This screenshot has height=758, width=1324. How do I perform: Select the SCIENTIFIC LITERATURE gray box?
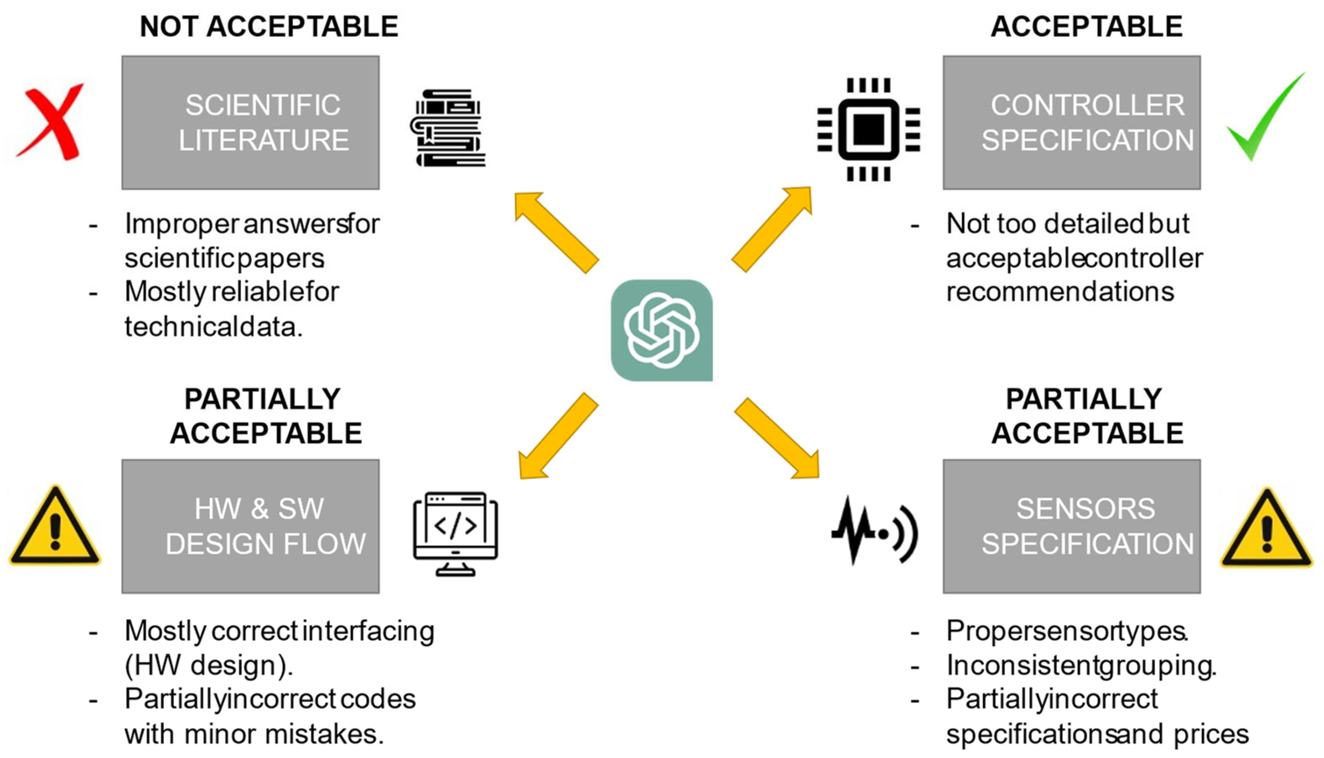coord(250,122)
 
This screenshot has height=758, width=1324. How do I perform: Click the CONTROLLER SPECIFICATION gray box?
coord(1071,122)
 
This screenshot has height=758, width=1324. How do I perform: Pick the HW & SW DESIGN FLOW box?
coord(250,526)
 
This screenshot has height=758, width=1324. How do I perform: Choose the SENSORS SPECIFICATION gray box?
coord(1071,526)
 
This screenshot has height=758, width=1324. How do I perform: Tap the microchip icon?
coord(868,129)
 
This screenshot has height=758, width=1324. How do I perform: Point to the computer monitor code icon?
coord(455,533)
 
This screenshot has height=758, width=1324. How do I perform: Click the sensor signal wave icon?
coord(874,531)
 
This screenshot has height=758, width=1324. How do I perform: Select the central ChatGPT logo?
coord(661,330)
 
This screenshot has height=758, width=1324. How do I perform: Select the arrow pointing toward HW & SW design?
coord(557,437)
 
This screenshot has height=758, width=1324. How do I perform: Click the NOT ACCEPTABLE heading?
coord(269,27)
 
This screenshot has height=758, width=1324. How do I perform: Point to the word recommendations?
coord(1059,292)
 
